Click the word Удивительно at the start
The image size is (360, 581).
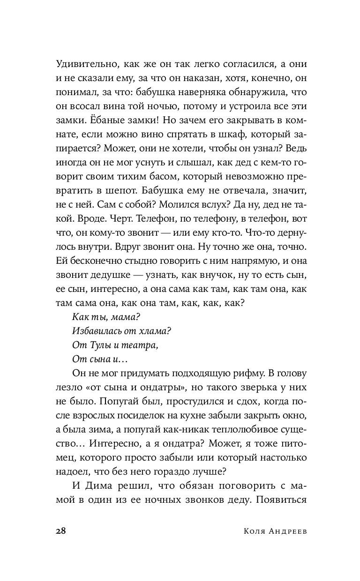point(83,64)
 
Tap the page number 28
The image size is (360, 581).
point(61,530)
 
